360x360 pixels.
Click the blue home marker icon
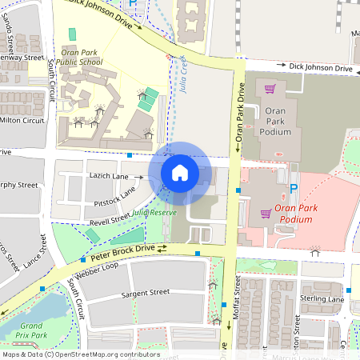click(180, 172)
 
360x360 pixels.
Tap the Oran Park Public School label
click(80, 56)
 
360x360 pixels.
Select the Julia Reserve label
click(154, 212)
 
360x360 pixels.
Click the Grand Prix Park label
click(31, 330)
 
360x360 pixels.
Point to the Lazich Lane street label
click(109, 175)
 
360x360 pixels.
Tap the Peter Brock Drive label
click(122, 252)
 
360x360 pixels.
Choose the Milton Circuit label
click(22, 120)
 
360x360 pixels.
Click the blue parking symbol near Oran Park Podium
click(294, 188)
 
